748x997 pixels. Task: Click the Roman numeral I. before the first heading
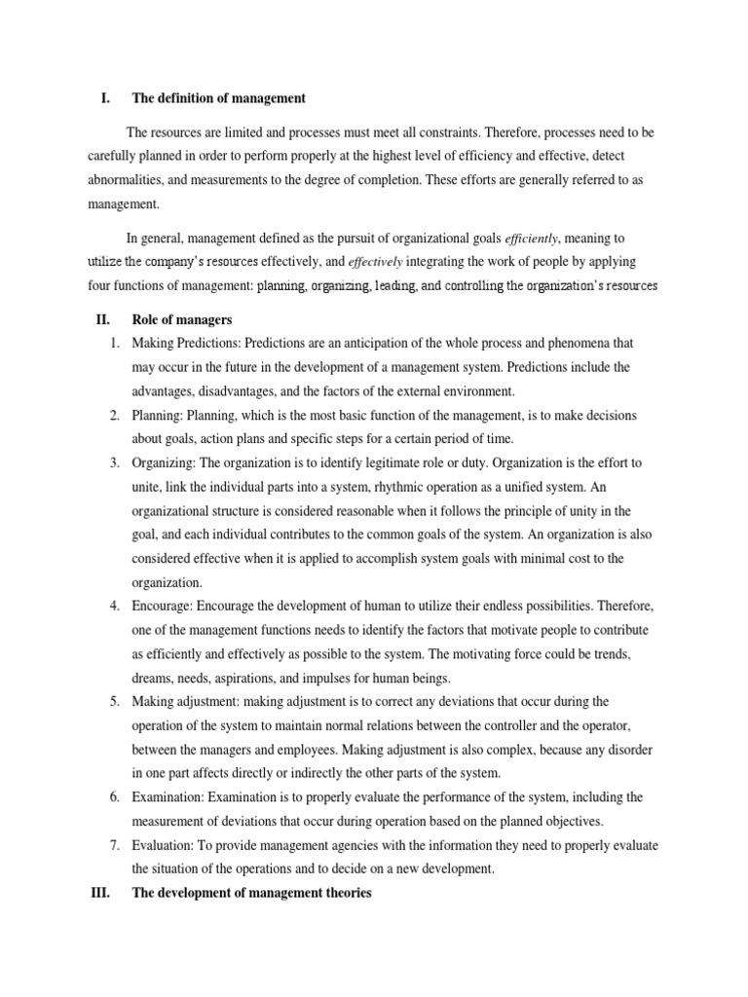point(105,98)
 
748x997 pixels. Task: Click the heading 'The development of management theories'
point(251,891)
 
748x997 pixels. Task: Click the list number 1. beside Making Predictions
point(114,344)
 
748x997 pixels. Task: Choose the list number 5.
point(114,701)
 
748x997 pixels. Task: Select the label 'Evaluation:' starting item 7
point(164,844)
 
